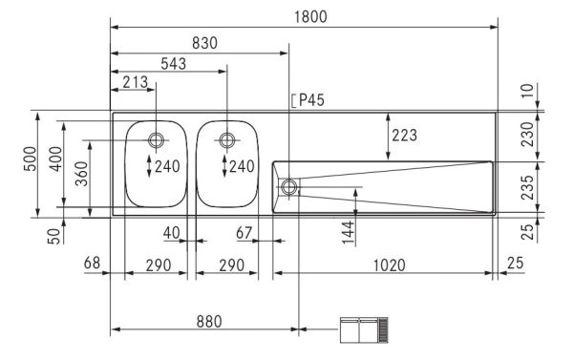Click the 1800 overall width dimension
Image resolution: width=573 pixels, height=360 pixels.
click(306, 16)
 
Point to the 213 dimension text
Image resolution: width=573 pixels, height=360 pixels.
click(136, 83)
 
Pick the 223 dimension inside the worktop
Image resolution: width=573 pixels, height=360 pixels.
click(404, 136)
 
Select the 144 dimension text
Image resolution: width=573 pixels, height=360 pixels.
click(349, 229)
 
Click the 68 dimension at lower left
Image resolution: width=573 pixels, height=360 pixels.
click(92, 263)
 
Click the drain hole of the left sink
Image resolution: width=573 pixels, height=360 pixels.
click(157, 140)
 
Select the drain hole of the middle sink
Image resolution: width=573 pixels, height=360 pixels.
click(226, 140)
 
